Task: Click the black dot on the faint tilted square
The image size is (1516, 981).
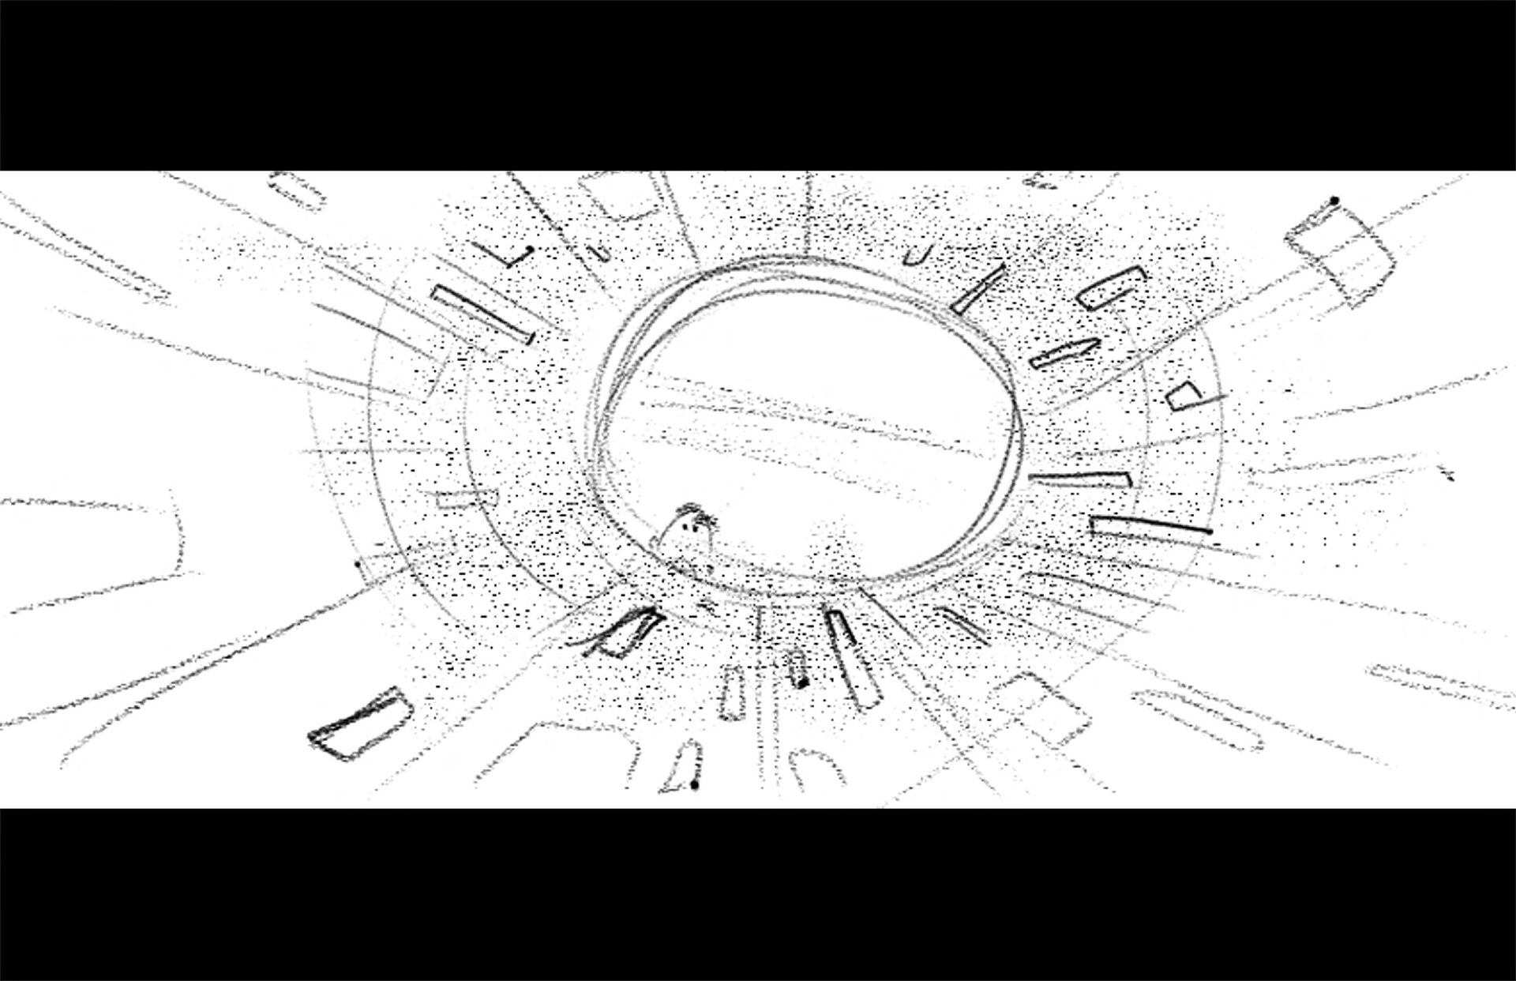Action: click(1334, 201)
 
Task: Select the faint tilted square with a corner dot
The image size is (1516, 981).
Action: click(1341, 246)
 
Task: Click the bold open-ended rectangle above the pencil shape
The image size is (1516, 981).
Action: click(1113, 285)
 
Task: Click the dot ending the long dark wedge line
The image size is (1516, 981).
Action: click(1209, 532)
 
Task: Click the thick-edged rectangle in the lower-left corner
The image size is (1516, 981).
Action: click(360, 722)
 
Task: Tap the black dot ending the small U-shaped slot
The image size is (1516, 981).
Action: click(802, 682)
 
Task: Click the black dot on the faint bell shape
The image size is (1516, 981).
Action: click(694, 784)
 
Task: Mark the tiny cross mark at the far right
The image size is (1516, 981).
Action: click(1447, 474)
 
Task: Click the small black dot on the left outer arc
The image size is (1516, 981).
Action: click(357, 564)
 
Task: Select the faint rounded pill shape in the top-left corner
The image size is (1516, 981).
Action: click(296, 190)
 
